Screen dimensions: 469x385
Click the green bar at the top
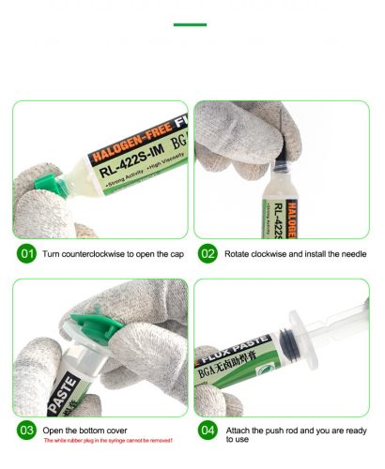pyautogui.click(x=192, y=24)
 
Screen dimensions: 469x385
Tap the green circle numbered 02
pyautogui.click(x=208, y=253)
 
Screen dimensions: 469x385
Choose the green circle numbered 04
pyautogui.click(x=208, y=432)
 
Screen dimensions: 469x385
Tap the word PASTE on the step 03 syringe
pyautogui.click(x=27, y=386)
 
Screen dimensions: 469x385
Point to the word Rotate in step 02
pyautogui.click(x=239, y=253)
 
